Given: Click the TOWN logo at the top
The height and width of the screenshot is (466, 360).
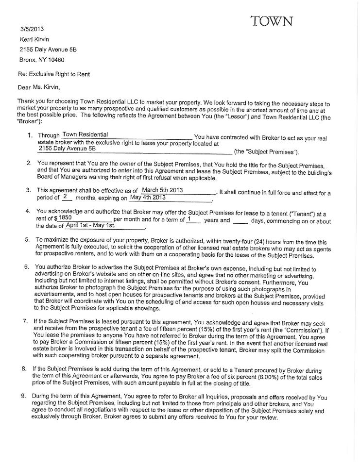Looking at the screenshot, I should (x=272, y=21).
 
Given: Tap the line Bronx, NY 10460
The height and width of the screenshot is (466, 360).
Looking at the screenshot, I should (x=42, y=60).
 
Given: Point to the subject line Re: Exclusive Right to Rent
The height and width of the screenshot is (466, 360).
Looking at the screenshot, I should (x=54, y=74).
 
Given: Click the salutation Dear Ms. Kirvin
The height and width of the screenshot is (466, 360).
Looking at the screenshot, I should (x=38, y=88).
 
